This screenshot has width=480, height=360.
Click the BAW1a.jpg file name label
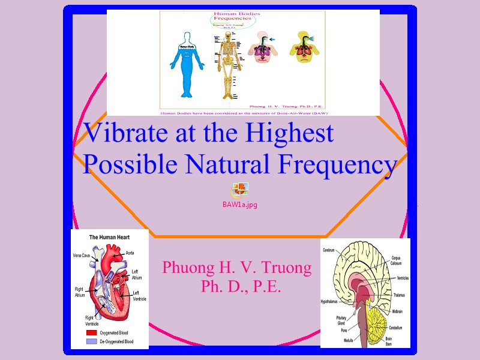(239, 205)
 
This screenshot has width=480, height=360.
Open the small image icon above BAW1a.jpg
(239, 190)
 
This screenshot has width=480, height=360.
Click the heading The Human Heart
(109, 238)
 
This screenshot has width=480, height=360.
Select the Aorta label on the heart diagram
(130, 253)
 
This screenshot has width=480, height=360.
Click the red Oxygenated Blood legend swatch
(91, 332)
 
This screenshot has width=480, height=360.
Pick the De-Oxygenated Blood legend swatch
(91, 341)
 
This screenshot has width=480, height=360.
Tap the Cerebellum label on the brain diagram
(394, 328)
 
